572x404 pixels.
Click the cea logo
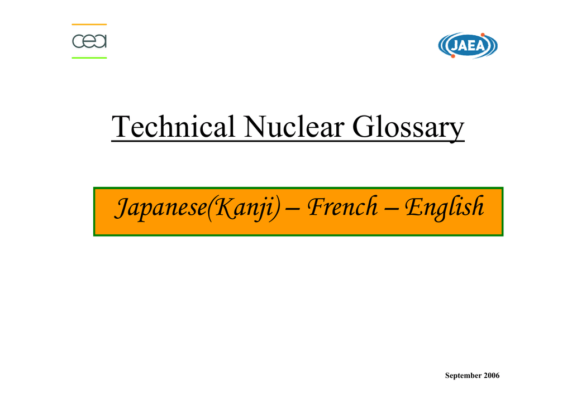[89, 41]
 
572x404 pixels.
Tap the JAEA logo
[468, 46]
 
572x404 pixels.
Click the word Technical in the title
[173, 127]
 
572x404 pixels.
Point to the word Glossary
[408, 127]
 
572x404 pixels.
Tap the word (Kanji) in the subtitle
[244, 208]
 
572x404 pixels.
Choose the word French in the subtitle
[342, 206]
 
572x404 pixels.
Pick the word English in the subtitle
[444, 208]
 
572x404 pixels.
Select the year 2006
[492, 375]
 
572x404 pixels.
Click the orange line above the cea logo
[89, 25]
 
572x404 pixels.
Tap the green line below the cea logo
[89, 57]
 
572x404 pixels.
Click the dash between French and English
[390, 210]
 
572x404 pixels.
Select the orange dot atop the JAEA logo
[483, 35]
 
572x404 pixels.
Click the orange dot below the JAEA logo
[453, 56]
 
